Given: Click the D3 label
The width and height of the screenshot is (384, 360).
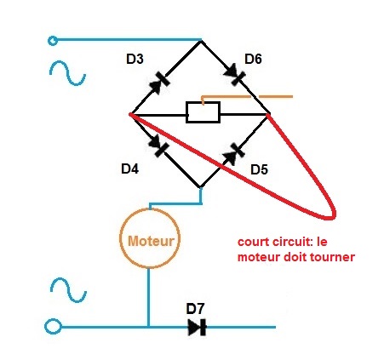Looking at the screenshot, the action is pos(135,59).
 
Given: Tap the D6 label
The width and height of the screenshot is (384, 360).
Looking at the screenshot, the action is pos(253,59).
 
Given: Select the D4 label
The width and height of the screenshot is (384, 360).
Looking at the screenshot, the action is pos(130,169).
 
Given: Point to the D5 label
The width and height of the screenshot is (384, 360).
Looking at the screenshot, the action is pos(260,169).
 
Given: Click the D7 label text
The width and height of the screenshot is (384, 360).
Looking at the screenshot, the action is pos(195,309).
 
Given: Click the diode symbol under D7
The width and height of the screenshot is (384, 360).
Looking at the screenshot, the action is pos(198,327).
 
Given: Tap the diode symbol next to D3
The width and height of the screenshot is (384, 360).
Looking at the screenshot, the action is pos(160,81).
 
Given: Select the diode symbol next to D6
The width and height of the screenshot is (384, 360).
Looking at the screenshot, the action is pos(235,74).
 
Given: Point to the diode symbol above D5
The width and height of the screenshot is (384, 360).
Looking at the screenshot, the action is pos(234,153).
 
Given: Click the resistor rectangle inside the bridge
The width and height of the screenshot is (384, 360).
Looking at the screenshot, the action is pos(203,112).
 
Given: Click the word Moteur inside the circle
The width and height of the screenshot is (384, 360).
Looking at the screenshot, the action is pos(151,241).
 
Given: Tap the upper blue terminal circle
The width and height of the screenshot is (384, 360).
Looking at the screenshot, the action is pos(53,41).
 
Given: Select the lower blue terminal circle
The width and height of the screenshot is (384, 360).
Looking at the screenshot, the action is pos(53,327).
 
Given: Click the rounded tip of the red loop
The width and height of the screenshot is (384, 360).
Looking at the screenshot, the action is pos(333,217).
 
